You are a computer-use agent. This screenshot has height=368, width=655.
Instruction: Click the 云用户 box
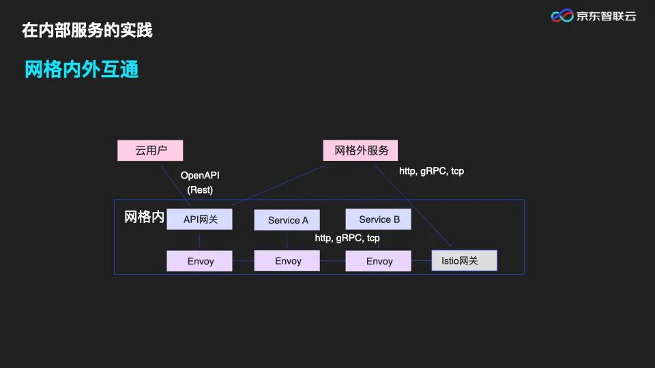point(150,151)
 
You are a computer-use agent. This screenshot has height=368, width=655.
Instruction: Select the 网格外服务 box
point(360,151)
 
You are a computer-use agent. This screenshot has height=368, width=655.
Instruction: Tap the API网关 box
point(200,219)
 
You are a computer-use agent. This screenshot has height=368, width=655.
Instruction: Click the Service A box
point(287,220)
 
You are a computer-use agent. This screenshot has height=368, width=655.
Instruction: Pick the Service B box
point(379,219)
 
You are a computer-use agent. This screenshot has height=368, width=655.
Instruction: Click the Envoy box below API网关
point(200,261)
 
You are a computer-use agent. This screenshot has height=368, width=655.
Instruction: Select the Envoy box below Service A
point(287,261)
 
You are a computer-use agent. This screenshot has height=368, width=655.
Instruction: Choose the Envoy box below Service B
point(379,261)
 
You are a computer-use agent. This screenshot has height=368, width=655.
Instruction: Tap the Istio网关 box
point(465,260)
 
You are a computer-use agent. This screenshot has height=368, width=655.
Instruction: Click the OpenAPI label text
point(200,176)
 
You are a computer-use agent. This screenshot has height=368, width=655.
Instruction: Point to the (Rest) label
point(200,190)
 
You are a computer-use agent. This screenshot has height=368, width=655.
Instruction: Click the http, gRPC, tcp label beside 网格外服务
point(431,171)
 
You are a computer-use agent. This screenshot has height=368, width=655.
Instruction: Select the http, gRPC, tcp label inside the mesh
point(347,239)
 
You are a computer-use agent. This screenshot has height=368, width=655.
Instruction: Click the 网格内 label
point(144,217)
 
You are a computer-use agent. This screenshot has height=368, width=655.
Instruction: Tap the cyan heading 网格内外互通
point(82,70)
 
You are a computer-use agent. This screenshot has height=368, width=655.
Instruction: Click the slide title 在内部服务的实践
point(87,30)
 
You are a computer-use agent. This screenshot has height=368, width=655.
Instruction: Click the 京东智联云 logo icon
point(562,16)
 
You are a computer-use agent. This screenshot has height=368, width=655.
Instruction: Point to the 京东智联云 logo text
point(606,16)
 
